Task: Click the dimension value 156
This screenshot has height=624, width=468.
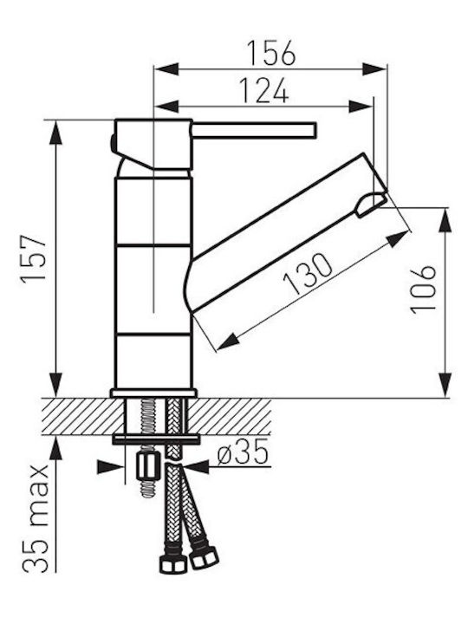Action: [x=271, y=53]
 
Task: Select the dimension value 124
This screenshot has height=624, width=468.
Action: [x=263, y=91]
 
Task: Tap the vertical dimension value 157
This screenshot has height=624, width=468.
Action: [x=34, y=259]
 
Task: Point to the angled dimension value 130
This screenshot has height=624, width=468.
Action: [x=308, y=273]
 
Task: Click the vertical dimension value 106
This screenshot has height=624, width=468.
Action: [x=424, y=289]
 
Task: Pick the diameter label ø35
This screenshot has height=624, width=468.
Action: [x=243, y=453]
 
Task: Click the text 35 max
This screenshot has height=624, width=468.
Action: [x=36, y=518]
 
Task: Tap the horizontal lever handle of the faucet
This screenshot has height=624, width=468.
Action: [x=254, y=131]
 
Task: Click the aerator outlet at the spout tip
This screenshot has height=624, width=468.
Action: [x=371, y=204]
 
